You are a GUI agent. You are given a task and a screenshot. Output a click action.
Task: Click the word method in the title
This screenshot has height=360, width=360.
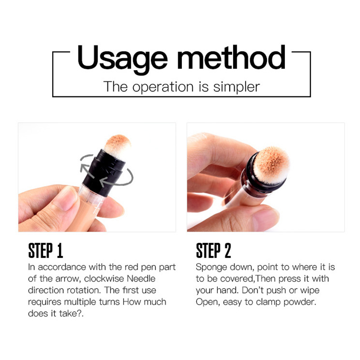coord(231,58)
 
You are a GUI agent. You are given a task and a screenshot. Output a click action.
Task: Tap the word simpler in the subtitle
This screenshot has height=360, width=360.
coord(237,87)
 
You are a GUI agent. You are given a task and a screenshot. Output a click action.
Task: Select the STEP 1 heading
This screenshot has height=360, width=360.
coord(45,251)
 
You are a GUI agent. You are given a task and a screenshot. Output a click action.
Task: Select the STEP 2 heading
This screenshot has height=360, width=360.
coord(213,251)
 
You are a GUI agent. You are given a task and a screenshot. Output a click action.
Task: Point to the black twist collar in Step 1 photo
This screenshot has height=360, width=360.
coord(104,172)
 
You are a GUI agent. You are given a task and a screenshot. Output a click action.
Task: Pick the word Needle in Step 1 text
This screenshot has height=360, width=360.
coord(141,279)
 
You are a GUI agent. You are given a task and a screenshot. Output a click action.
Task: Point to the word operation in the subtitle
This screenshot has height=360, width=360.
coord(163,87)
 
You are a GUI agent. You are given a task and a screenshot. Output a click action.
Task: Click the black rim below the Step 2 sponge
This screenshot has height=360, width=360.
coord(264,181)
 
